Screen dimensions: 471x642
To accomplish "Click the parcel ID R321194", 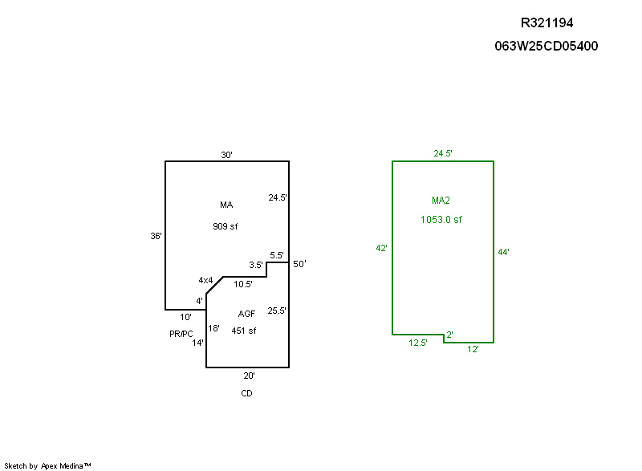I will tap(547, 23).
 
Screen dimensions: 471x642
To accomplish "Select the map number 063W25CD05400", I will tap(547, 46).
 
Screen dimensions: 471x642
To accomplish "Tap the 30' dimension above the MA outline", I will tap(227, 155).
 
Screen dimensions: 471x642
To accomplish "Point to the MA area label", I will tap(226, 205).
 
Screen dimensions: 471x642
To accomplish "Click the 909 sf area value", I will tap(226, 226).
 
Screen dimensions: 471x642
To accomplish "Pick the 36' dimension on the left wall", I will tap(156, 236).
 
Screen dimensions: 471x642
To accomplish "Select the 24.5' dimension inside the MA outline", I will tap(278, 197).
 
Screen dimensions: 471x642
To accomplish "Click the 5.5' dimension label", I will tap(277, 255).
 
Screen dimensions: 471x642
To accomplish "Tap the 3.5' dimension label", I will tap(256, 265).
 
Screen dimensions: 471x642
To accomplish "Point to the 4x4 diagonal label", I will tap(206, 280).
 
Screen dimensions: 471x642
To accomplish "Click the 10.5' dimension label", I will tap(243, 284).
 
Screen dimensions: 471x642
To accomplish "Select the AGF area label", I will tap(246, 314).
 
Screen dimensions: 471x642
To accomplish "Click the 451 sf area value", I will tap(244, 331).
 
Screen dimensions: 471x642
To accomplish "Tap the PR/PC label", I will tap(181, 334).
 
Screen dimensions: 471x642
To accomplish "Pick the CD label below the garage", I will tap(246, 393).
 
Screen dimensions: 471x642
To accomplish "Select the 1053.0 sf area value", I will tap(441, 219).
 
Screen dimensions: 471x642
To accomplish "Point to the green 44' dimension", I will tap(504, 252).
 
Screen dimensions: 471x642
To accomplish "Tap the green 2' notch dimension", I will tap(449, 334).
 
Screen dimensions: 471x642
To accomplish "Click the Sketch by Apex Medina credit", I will tap(48, 465).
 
